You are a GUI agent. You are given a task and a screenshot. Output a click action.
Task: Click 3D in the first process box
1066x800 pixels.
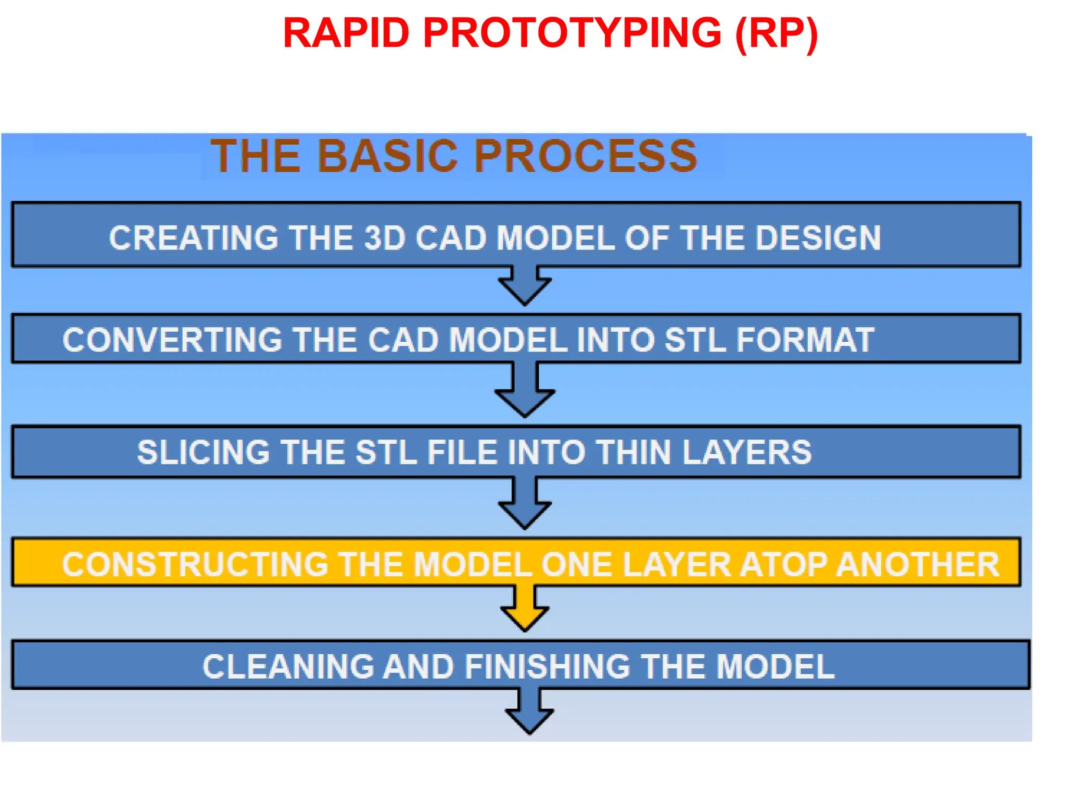click(x=385, y=238)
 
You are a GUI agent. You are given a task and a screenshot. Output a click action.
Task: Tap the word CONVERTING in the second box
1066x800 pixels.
click(x=172, y=340)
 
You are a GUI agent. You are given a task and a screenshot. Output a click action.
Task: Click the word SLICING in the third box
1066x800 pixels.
click(x=203, y=452)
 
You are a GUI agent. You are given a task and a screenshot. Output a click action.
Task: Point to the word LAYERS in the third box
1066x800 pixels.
click(x=747, y=452)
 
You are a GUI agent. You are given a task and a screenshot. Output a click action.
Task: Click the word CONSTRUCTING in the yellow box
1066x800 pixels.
click(x=194, y=565)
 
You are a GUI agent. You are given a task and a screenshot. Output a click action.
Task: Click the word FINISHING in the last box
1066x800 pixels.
click(x=547, y=667)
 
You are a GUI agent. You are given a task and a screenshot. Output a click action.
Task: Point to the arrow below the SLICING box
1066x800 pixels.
click(x=525, y=505)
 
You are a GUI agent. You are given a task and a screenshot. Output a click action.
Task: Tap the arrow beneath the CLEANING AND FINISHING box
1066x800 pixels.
click(x=529, y=714)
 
